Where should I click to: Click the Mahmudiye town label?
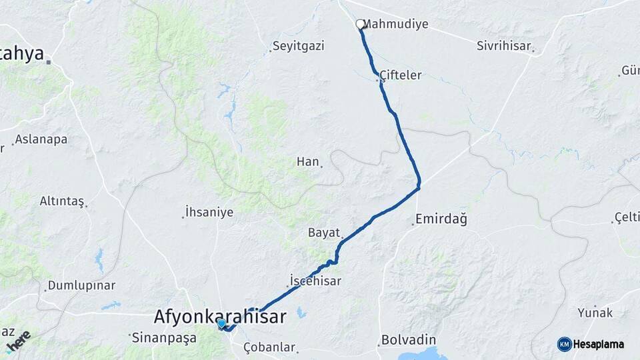pyautogui.click(x=397, y=25)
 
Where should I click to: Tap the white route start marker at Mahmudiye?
pyautogui.click(x=360, y=25)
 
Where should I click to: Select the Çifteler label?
pyautogui.click(x=401, y=75)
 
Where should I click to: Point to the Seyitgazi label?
pyautogui.click(x=299, y=46)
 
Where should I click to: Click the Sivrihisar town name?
pyautogui.click(x=503, y=46)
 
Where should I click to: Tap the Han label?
pyautogui.click(x=308, y=161)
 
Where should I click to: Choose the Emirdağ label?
pyautogui.click(x=441, y=219)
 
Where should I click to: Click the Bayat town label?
pyautogui.click(x=324, y=232)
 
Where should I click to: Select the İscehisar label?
pyautogui.click(x=316, y=281)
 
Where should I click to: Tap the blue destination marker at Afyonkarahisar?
pyautogui.click(x=221, y=324)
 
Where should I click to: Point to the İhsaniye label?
pyautogui.click(x=210, y=213)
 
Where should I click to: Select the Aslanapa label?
pyautogui.click(x=41, y=139)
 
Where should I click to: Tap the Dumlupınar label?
pyautogui.click(x=81, y=285)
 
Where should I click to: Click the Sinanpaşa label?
pyautogui.click(x=165, y=337)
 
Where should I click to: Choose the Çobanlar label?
pyautogui.click(x=269, y=347)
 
